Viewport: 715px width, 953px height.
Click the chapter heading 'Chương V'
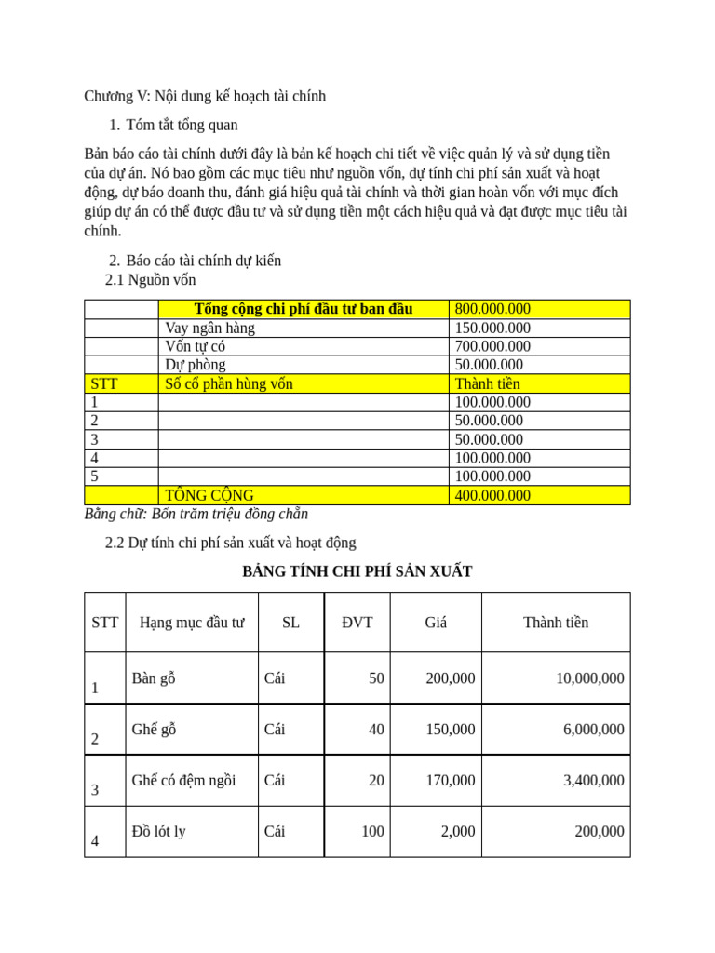pyautogui.click(x=205, y=96)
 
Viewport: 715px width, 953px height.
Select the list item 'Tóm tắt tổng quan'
pyautogui.click(x=182, y=125)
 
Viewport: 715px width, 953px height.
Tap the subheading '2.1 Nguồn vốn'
pyautogui.click(x=151, y=279)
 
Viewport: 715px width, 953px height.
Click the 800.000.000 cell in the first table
pyautogui.click(x=492, y=309)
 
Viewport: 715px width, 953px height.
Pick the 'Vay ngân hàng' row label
pyautogui.click(x=210, y=328)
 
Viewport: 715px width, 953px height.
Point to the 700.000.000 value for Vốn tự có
pyautogui.click(x=492, y=346)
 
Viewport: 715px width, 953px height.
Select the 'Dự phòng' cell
pyautogui.click(x=196, y=365)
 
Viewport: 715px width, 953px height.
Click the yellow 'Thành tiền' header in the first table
pyautogui.click(x=487, y=383)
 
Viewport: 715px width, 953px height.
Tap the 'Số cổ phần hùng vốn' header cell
pyautogui.click(x=229, y=383)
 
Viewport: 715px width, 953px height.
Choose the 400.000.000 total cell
pyautogui.click(x=492, y=495)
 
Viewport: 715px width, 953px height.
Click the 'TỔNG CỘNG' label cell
pyautogui.click(x=209, y=495)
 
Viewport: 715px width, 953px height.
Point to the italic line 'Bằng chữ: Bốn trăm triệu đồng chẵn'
pyautogui.click(x=196, y=514)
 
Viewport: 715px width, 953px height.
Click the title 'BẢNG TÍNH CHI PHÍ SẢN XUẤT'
pyautogui.click(x=357, y=571)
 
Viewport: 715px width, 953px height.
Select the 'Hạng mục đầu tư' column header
pyautogui.click(x=192, y=623)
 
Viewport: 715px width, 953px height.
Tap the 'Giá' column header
pyautogui.click(x=436, y=623)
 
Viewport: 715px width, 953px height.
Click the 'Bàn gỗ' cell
pyautogui.click(x=154, y=678)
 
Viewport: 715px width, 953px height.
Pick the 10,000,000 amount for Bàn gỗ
pyautogui.click(x=589, y=678)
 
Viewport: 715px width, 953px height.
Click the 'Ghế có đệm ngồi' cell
pyautogui.click(x=183, y=781)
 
